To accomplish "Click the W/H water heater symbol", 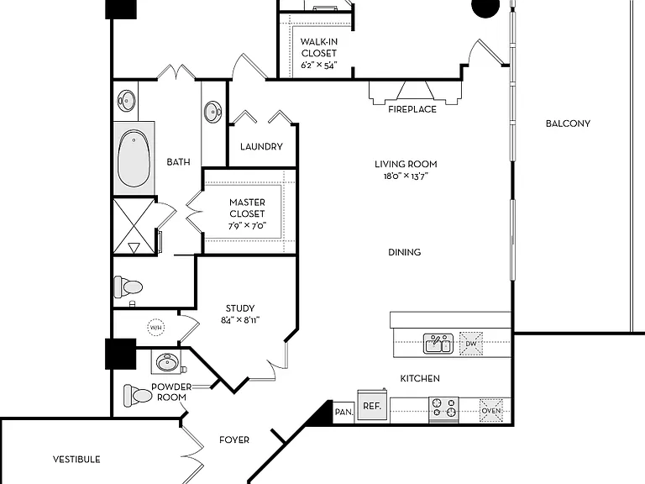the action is [156, 328].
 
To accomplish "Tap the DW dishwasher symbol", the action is [471, 344].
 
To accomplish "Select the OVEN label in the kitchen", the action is [491, 410].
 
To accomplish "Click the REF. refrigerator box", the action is [372, 405].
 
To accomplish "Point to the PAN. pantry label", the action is [343, 412].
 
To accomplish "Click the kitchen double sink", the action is [438, 344].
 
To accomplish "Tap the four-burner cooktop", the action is [443, 408].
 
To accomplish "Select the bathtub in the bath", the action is [134, 159].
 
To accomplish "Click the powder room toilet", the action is [138, 396].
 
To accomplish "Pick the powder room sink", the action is [168, 363].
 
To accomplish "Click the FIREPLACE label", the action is [412, 109].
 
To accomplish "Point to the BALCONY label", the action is [568, 124].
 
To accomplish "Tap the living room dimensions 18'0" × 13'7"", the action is [406, 176].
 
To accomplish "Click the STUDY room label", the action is [240, 308].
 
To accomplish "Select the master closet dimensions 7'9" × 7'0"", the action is [247, 225].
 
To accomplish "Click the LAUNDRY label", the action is [262, 146].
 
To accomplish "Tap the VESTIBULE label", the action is [76, 460].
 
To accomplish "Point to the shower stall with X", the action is [134, 226].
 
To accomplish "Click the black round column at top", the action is [485, 8].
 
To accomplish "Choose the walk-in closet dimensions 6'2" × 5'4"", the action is [319, 65].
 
